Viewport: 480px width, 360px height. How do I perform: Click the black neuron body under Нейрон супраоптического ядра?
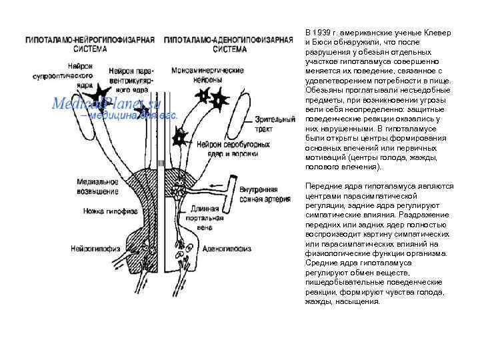pos(103,95)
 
